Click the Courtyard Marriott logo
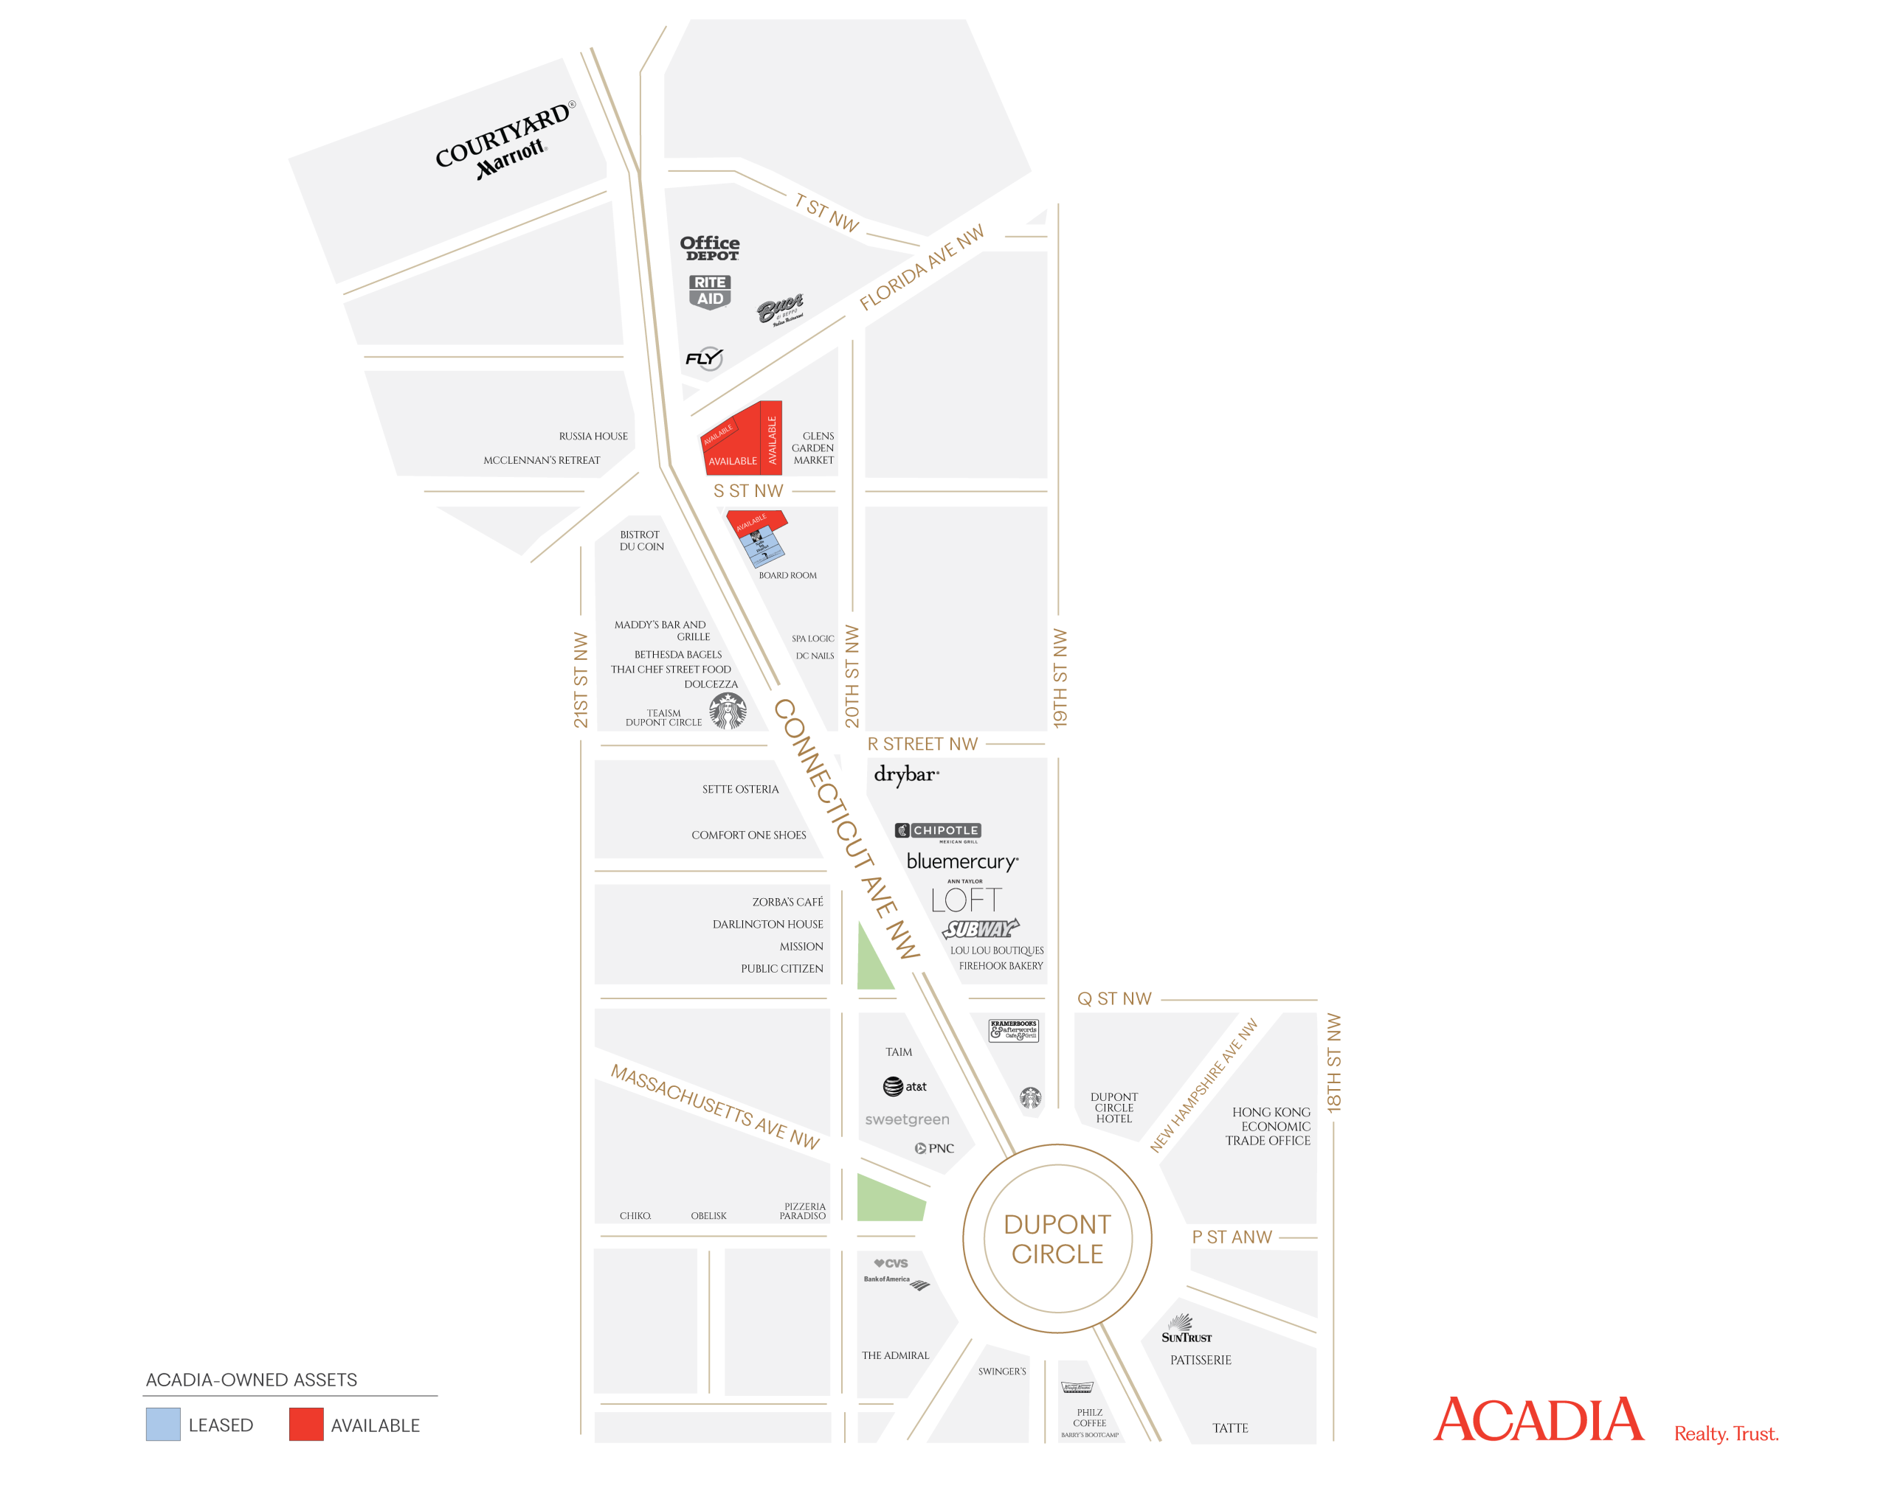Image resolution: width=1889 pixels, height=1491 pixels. pos(505,142)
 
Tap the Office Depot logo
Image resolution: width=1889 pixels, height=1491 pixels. pos(709,248)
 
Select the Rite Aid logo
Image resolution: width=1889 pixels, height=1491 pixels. pos(709,291)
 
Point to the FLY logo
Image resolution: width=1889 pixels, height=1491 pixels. pos(704,358)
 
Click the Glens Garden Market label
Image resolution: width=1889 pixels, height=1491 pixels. pos(813,448)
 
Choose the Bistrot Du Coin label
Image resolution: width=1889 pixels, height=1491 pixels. pos(641,541)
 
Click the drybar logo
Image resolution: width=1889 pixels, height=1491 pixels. pos(905,774)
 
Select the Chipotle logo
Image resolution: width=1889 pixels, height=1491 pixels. pos(937,832)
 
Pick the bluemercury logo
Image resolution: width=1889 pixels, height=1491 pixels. pos(961,861)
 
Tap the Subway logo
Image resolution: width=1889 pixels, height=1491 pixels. pos(980,929)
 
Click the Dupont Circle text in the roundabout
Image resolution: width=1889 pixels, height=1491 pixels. pos(1057,1239)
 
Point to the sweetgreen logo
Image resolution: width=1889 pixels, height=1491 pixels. pos(907,1119)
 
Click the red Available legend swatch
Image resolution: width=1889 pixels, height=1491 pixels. pos(305,1424)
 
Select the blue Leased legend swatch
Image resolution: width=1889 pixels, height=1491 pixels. pos(163,1424)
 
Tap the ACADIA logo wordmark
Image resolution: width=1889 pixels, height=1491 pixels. pos(1538,1420)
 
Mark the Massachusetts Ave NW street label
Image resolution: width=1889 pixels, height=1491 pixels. pos(714,1106)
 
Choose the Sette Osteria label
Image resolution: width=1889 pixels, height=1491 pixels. pos(739,789)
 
